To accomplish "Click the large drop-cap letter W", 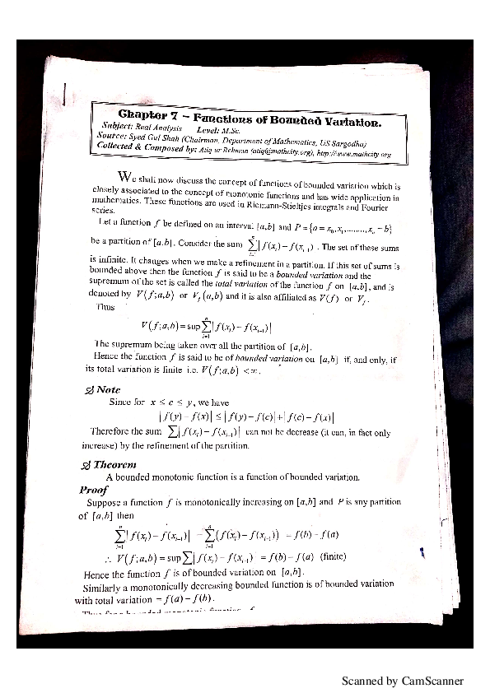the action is coord(124,177).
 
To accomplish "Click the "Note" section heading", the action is coord(108,389).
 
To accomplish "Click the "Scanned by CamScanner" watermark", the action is coord(403,681).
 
